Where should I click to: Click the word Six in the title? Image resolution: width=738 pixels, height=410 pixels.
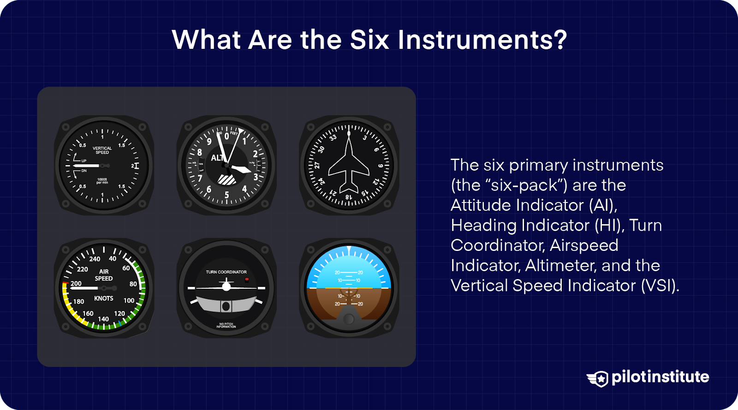point(369,40)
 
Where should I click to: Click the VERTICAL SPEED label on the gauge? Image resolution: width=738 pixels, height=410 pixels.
point(102,150)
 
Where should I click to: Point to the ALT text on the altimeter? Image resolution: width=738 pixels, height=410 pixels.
point(217,158)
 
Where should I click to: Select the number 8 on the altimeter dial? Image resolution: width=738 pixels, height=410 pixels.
point(200,152)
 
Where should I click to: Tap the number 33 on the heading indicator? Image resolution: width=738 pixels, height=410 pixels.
point(333,137)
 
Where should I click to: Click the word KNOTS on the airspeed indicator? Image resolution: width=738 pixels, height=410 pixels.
point(103,298)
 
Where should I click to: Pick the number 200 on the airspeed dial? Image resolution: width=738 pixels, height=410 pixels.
point(76,284)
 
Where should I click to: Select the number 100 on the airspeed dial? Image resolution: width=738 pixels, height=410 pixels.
point(129,301)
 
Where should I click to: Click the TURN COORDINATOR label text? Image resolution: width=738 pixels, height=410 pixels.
point(226,272)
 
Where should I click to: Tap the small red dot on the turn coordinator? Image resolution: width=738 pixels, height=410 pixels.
point(247,279)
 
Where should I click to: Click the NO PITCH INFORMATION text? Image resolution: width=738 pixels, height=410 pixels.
point(226,326)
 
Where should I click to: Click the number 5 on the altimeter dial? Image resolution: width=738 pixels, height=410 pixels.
point(226,195)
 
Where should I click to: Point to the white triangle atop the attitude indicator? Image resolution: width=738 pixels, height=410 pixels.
point(349,250)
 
